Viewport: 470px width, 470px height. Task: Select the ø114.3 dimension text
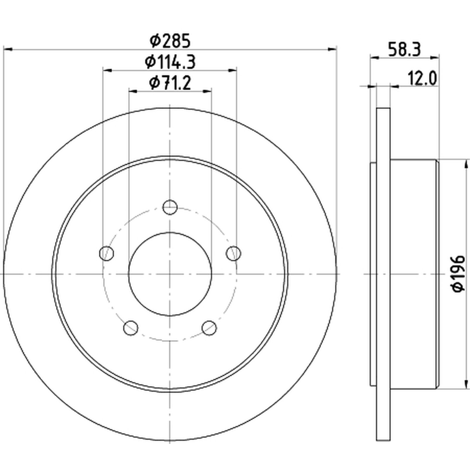pos(170,62)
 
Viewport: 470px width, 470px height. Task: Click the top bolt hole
pos(170,207)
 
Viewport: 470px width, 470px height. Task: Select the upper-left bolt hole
pos(107,253)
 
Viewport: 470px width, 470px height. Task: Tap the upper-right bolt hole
pos(234,253)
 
